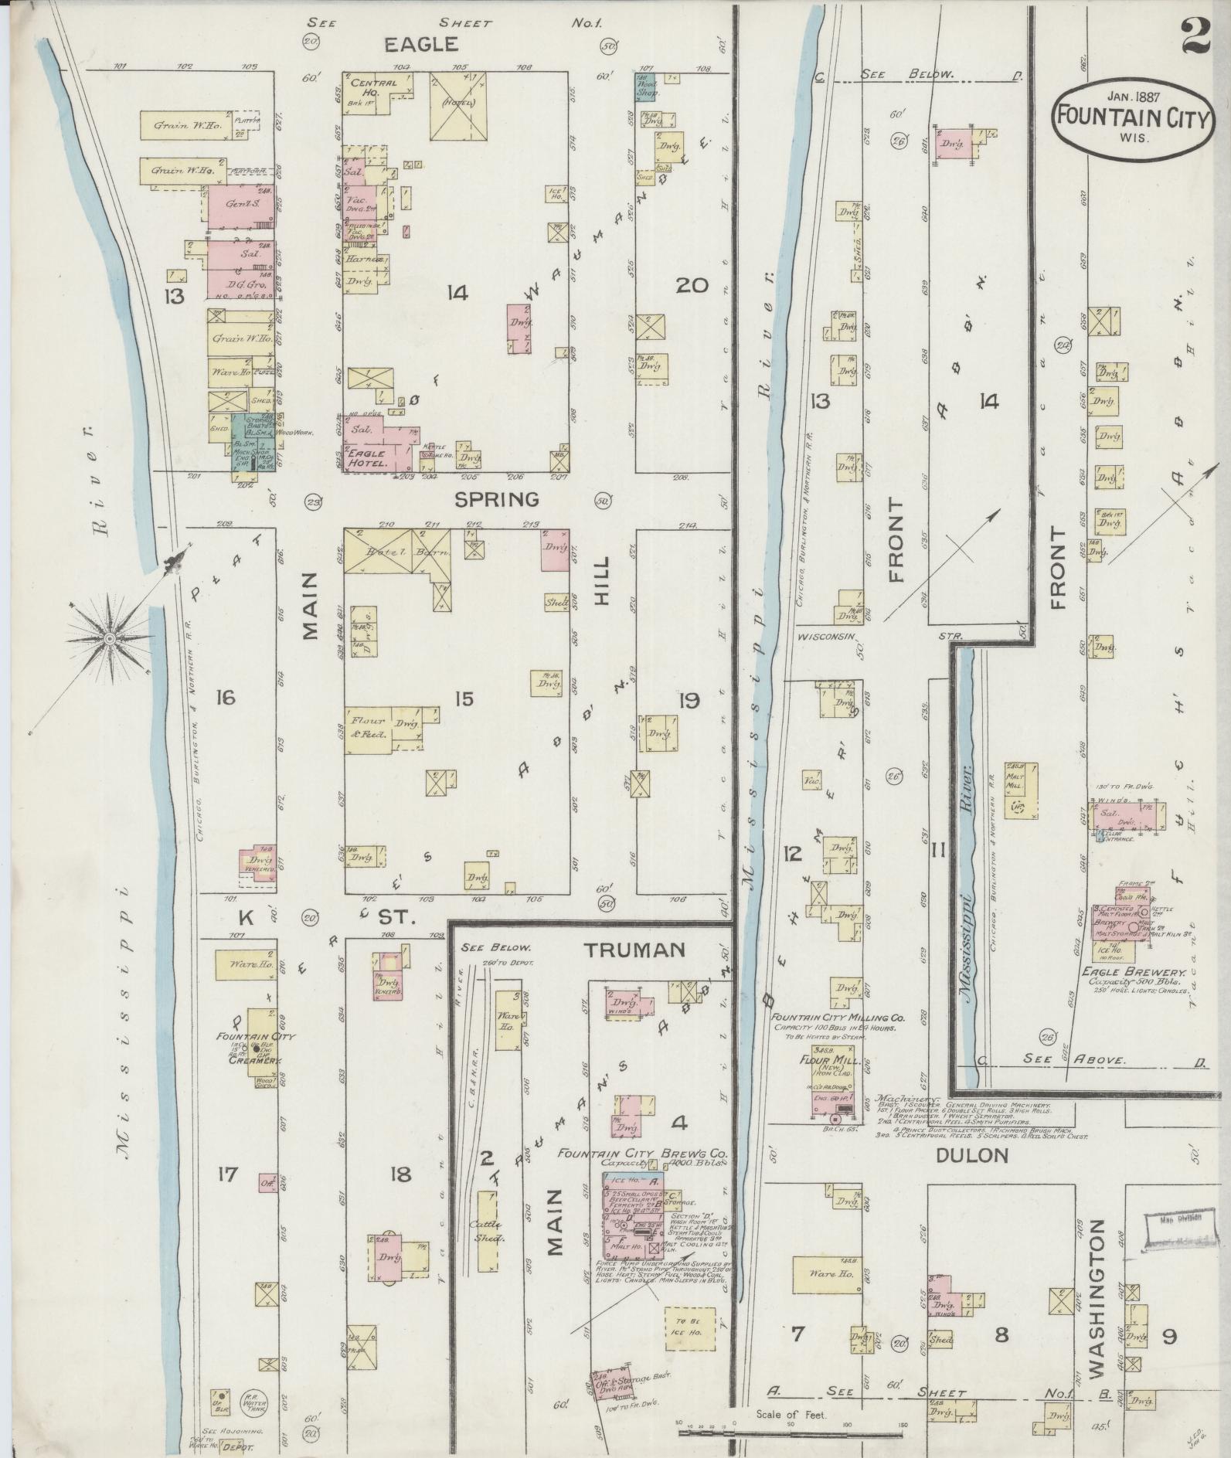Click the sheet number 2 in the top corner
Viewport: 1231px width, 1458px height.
pyautogui.click(x=1195, y=37)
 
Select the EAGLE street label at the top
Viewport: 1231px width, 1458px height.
pyautogui.click(x=421, y=45)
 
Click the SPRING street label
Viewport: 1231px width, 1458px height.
pyautogui.click(x=495, y=499)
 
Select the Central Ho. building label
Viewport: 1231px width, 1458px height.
pyautogui.click(x=373, y=87)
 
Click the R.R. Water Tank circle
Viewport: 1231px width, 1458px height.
pyautogui.click(x=254, y=1400)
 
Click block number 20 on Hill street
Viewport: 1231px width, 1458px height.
pyautogui.click(x=691, y=285)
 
